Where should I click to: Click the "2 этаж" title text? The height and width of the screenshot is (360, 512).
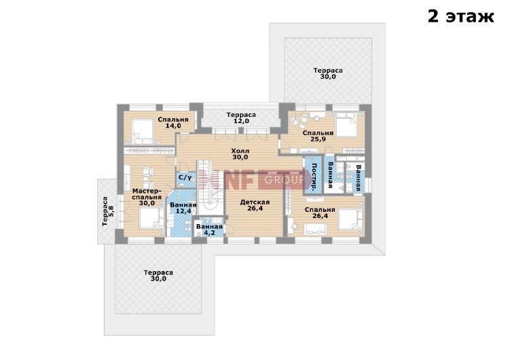(460, 16)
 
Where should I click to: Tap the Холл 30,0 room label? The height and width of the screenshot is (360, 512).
(240, 154)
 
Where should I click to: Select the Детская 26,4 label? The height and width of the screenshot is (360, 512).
(255, 205)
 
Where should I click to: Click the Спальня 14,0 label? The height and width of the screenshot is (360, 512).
(173, 122)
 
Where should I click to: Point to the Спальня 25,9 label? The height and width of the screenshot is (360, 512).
(318, 136)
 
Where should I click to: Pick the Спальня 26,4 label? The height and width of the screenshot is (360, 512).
(320, 213)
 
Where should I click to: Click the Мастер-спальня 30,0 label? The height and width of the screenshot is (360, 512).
(147, 197)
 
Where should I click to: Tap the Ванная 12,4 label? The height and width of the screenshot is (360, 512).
(183, 208)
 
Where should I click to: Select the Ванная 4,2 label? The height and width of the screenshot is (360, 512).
(209, 230)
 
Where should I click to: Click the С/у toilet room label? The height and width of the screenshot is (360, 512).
(185, 177)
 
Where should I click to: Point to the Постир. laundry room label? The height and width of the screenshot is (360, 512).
(314, 177)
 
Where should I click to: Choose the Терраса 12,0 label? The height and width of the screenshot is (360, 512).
(241, 118)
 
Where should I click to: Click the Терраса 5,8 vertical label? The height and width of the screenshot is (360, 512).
(108, 211)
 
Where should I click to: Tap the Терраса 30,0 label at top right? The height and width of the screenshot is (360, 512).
(328, 73)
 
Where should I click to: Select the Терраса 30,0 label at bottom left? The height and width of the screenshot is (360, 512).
(158, 275)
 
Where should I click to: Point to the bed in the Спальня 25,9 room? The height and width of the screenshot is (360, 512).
(348, 124)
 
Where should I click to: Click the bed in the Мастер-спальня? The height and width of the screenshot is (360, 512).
(151, 218)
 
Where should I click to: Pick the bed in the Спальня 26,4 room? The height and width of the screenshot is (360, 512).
(350, 219)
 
